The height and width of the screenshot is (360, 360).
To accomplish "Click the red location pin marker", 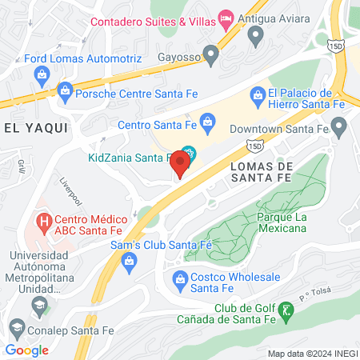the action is click(181, 166).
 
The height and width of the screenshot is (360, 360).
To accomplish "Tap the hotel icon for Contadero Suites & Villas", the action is click(226, 17).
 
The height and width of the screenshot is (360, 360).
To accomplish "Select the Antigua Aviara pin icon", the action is click(256, 34).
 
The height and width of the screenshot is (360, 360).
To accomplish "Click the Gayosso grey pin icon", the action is click(211, 55).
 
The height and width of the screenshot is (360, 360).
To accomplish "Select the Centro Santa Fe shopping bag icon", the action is click(207, 123).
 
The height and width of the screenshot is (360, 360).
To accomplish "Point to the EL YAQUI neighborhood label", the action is click(36, 127).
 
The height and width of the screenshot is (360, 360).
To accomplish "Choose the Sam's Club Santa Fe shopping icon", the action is click(129, 260).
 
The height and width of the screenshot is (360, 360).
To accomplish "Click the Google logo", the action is click(27, 350).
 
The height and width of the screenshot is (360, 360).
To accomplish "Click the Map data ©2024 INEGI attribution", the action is click(312, 354).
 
